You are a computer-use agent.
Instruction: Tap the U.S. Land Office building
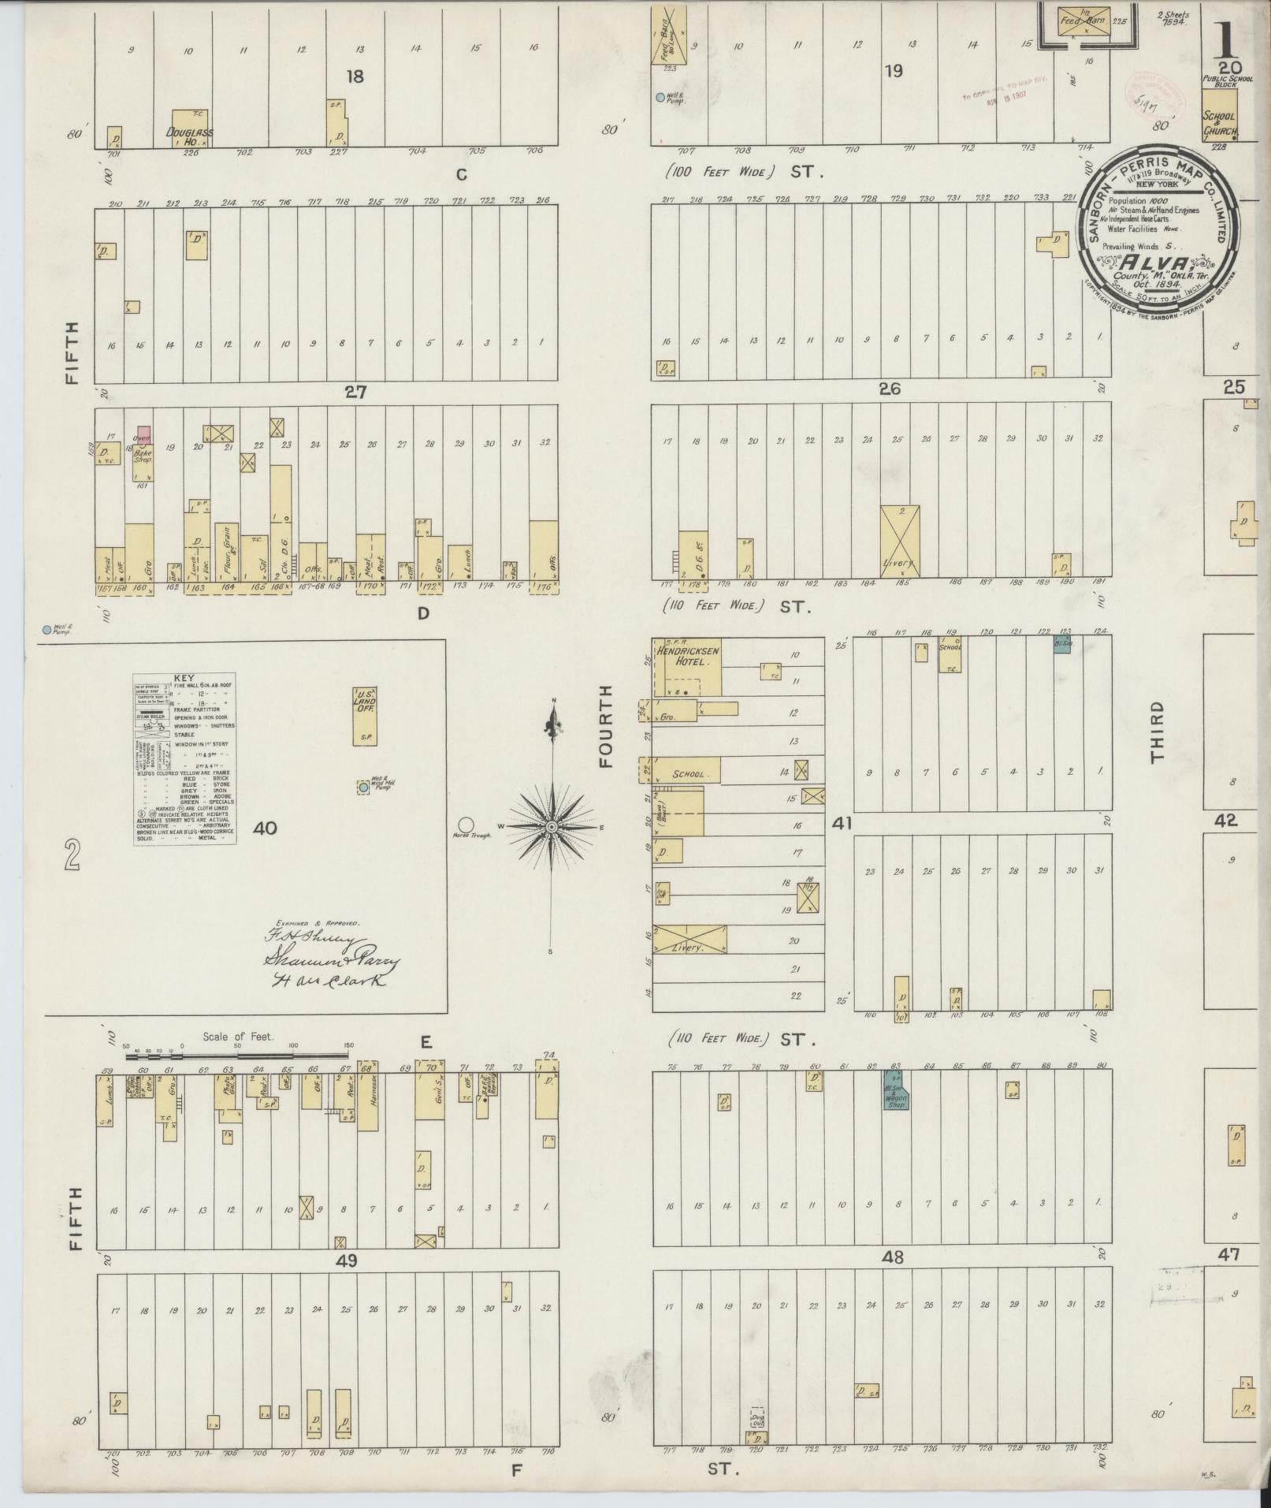pyautogui.click(x=365, y=714)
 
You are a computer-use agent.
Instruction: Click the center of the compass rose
pyautogui.click(x=552, y=825)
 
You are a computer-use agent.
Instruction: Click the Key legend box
pyautogui.click(x=185, y=759)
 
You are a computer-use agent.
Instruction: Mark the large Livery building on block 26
pyautogui.click(x=899, y=542)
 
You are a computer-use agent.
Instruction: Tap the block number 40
pyautogui.click(x=266, y=828)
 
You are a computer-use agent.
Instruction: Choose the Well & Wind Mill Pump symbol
pyautogui.click(x=363, y=788)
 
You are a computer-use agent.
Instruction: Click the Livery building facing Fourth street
pyautogui.click(x=689, y=939)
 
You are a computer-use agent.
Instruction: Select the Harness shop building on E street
pyautogui.click(x=367, y=1101)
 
